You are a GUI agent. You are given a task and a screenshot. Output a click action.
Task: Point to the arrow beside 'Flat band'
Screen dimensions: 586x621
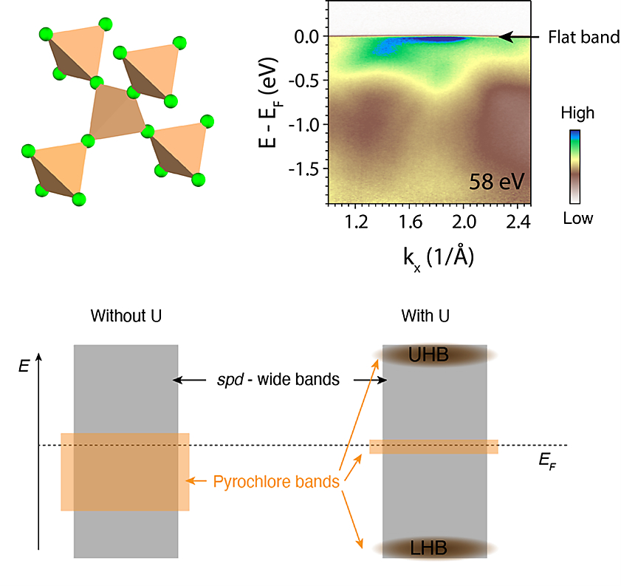coord(520,35)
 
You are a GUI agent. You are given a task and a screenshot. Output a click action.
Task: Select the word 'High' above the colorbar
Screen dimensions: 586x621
coord(577,114)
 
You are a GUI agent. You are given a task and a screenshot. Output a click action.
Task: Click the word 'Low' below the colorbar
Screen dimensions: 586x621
coord(577,219)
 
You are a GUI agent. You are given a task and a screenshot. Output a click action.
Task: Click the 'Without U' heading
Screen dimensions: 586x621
coord(126,316)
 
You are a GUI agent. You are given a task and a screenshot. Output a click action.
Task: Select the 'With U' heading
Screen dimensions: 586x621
coord(426,316)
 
